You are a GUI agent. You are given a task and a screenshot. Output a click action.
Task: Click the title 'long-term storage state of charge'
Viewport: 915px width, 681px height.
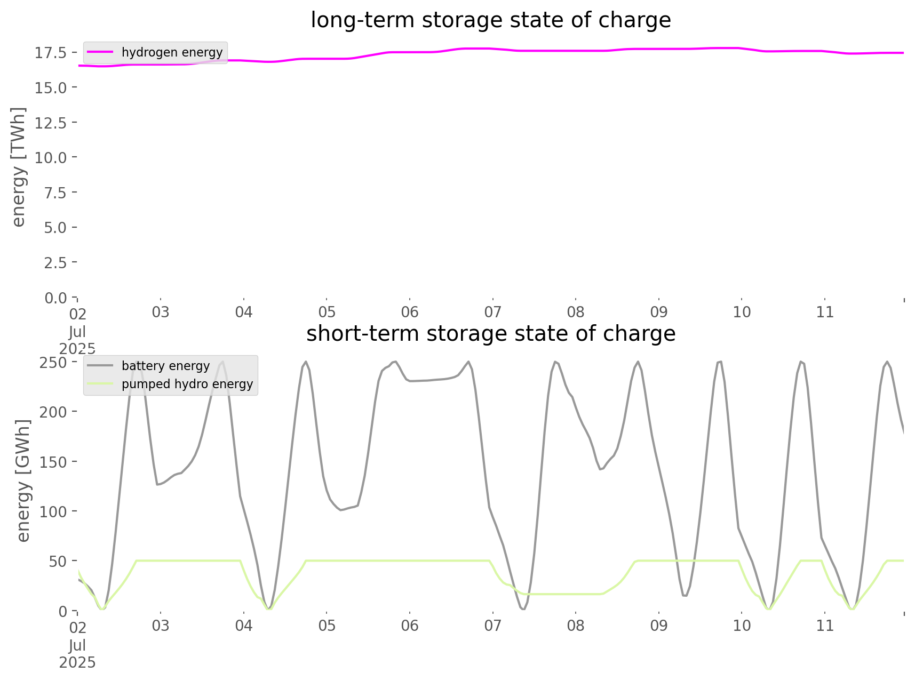(490, 20)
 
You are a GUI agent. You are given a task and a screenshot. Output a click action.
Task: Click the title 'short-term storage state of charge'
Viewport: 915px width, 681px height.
(490, 334)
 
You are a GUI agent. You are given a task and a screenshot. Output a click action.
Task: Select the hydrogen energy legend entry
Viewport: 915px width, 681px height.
(172, 52)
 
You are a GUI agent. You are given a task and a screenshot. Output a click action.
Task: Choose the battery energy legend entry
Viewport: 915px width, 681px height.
(165, 366)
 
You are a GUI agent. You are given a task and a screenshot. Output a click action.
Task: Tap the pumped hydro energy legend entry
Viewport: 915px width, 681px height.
(187, 384)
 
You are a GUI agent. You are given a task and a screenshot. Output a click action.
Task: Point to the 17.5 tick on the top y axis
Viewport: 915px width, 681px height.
(51, 53)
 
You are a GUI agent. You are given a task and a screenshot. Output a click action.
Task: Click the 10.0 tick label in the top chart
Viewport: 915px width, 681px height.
(51, 158)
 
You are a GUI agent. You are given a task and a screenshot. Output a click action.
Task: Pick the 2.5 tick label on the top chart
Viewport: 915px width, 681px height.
(55, 263)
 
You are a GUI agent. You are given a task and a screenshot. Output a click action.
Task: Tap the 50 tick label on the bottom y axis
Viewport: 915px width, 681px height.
(58, 562)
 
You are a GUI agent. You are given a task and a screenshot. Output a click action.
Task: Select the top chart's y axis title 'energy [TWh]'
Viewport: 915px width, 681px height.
(19, 167)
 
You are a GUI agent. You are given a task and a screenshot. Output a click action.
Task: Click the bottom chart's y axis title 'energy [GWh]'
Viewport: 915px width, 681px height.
(23, 480)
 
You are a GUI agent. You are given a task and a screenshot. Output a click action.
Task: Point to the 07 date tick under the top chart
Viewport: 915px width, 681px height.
(492, 312)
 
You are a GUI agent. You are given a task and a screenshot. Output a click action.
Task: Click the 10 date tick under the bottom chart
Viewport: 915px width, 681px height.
(742, 626)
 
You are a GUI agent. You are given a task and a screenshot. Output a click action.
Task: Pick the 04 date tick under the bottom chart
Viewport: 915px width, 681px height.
(244, 626)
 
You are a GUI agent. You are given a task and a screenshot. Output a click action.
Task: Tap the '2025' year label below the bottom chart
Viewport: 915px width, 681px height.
(77, 662)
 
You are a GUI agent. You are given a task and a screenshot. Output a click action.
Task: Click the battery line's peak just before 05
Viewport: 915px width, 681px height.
(306, 362)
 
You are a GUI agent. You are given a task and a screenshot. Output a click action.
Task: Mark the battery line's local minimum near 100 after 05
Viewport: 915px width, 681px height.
(341, 510)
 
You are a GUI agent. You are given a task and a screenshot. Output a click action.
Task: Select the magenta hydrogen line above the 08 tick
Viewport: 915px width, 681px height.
(576, 51)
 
